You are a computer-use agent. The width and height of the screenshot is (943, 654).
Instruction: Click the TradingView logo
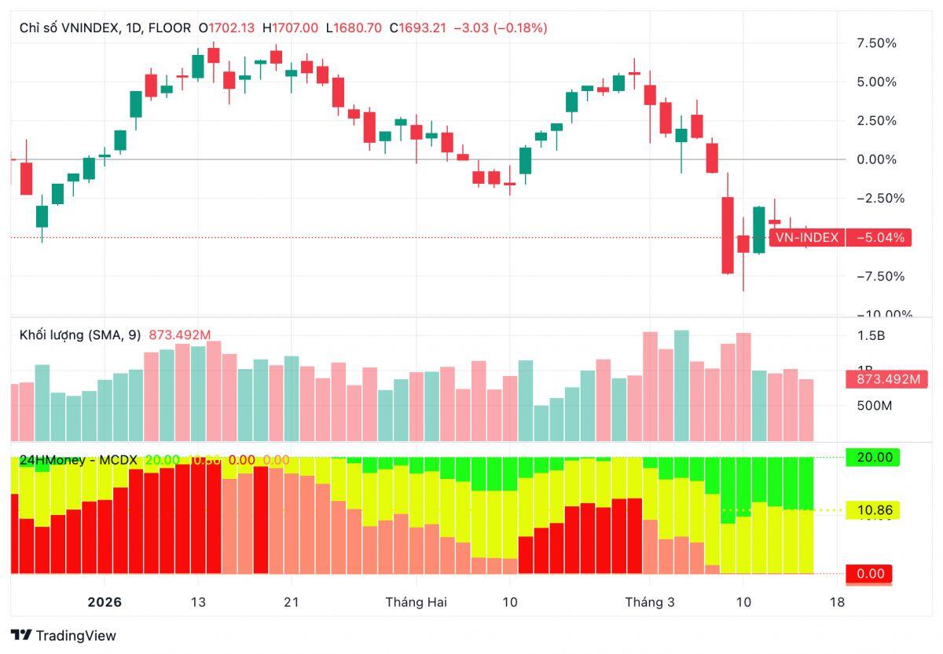click(x=63, y=635)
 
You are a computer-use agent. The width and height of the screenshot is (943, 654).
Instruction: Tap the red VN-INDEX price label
click(x=807, y=237)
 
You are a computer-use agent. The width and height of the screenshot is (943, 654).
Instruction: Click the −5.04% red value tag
click(x=879, y=237)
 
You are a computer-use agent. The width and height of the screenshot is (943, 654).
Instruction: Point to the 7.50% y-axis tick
click(x=876, y=43)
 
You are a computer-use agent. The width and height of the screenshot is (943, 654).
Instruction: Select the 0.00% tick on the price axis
click(x=876, y=159)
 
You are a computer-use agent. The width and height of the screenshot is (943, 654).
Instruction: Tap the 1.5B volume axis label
click(x=871, y=336)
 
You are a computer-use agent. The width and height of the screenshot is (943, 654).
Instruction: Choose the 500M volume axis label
click(x=874, y=406)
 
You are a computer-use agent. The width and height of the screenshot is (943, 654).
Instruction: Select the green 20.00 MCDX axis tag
click(x=871, y=457)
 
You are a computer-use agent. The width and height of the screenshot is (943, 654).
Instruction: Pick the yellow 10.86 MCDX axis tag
click(x=871, y=510)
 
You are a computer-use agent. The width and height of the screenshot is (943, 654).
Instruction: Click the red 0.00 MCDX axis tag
click(x=870, y=574)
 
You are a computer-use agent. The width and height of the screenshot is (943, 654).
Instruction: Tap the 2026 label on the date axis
click(x=105, y=602)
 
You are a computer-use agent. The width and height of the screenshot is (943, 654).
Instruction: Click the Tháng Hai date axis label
click(x=416, y=602)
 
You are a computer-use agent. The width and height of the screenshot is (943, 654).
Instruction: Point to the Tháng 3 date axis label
click(x=649, y=602)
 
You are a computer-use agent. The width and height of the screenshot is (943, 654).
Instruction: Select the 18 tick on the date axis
click(x=837, y=602)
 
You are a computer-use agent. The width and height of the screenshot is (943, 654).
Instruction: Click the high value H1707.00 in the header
click(x=291, y=27)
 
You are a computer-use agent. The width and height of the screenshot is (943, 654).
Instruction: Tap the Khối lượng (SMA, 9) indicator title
click(x=79, y=335)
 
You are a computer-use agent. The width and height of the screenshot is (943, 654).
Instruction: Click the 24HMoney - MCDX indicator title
click(x=79, y=460)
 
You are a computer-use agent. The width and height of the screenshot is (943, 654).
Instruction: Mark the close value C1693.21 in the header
click(x=422, y=27)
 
